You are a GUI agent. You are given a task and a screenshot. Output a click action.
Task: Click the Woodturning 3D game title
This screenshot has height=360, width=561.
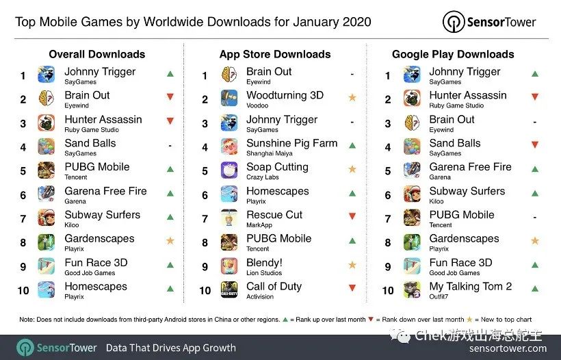click(285, 96)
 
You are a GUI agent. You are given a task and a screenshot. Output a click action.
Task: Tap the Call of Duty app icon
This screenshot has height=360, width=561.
click(229, 290)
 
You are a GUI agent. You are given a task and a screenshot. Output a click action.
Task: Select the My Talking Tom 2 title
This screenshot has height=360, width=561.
click(470, 287)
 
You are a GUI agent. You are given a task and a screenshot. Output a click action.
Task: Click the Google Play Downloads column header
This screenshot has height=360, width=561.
click(452, 54)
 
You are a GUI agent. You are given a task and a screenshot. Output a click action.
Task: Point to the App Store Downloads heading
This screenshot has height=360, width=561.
click(274, 54)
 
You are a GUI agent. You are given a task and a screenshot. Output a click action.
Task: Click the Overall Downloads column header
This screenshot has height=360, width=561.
click(97, 54)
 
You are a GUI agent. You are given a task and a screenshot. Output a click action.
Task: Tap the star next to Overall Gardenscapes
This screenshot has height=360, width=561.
click(170, 242)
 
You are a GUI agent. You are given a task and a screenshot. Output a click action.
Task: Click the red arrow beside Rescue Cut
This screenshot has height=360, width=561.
click(352, 217)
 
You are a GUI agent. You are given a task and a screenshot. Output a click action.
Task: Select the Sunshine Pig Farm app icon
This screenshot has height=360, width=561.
click(229, 146)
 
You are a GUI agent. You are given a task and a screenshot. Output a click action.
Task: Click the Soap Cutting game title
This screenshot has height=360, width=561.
click(277, 167)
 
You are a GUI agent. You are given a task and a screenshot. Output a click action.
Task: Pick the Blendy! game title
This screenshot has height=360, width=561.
click(264, 263)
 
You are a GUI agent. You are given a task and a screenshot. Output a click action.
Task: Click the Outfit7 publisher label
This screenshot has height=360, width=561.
click(440, 296)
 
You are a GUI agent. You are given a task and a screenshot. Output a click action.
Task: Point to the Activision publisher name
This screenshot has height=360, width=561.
click(261, 296)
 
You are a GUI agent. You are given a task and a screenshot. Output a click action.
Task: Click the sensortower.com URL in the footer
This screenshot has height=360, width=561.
click(508, 348)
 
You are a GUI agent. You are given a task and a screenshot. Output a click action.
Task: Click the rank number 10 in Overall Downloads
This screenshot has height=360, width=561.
click(23, 290)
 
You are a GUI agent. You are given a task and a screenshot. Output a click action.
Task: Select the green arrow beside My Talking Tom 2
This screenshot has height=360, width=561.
click(534, 290)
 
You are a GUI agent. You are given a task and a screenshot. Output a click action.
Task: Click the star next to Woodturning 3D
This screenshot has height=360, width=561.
click(352, 98)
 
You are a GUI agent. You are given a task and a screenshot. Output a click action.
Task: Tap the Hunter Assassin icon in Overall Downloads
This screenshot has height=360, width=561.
click(47, 123)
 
